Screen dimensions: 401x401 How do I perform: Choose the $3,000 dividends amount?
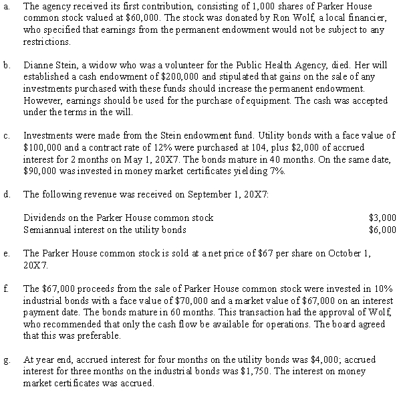coord(382,217)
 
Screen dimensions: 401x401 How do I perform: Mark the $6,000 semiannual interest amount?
coord(382,228)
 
